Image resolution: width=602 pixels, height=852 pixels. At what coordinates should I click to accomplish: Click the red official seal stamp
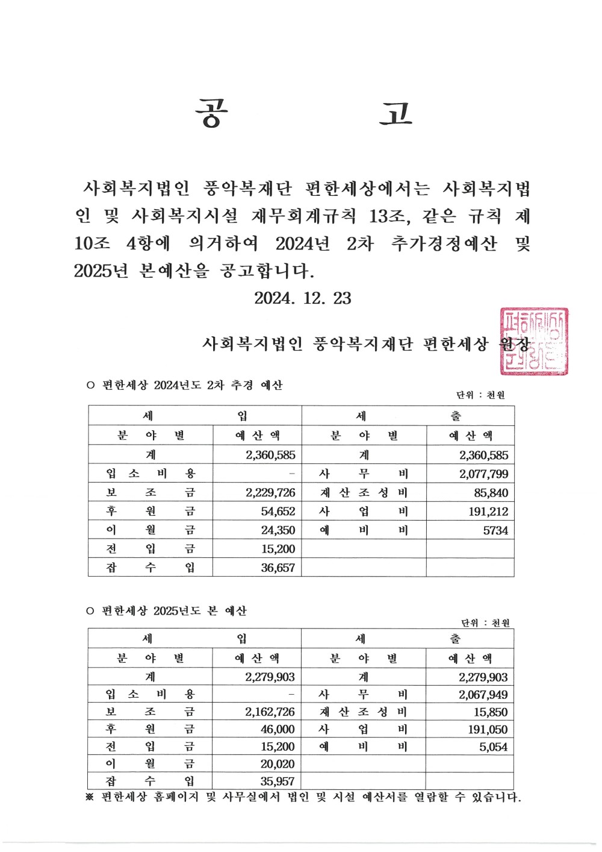(x=533, y=342)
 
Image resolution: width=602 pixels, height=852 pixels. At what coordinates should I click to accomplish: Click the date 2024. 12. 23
(x=302, y=298)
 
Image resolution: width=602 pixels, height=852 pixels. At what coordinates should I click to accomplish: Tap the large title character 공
(x=211, y=114)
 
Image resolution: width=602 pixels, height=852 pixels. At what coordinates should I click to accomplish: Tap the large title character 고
(x=396, y=114)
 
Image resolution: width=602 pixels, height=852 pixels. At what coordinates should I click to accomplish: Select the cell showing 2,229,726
(x=270, y=493)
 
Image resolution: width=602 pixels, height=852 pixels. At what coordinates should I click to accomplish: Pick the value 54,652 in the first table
(x=278, y=512)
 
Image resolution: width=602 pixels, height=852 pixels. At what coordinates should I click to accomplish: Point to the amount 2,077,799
(x=483, y=474)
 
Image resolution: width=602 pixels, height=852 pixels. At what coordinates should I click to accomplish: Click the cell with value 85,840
(x=491, y=493)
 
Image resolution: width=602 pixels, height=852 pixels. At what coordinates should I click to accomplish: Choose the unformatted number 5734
(x=495, y=531)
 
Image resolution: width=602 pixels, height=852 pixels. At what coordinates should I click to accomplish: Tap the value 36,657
(x=278, y=568)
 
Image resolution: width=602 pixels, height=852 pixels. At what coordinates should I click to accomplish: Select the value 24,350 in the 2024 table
(x=278, y=530)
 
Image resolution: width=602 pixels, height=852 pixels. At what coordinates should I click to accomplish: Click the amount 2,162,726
(x=270, y=712)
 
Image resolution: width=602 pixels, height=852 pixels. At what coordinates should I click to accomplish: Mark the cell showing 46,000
(x=278, y=730)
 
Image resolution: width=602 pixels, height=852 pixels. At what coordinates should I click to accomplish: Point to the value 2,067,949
(x=483, y=695)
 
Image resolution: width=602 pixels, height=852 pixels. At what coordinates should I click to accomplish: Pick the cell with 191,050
(x=488, y=730)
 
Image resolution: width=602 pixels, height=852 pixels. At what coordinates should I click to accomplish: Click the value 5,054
(x=493, y=747)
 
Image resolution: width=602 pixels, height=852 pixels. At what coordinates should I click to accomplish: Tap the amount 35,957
(x=278, y=782)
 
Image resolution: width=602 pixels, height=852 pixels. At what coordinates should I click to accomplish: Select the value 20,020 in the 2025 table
(x=278, y=764)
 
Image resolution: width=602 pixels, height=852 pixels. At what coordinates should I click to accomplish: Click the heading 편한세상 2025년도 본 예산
(x=173, y=611)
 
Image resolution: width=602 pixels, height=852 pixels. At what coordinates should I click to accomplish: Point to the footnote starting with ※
(x=303, y=797)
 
